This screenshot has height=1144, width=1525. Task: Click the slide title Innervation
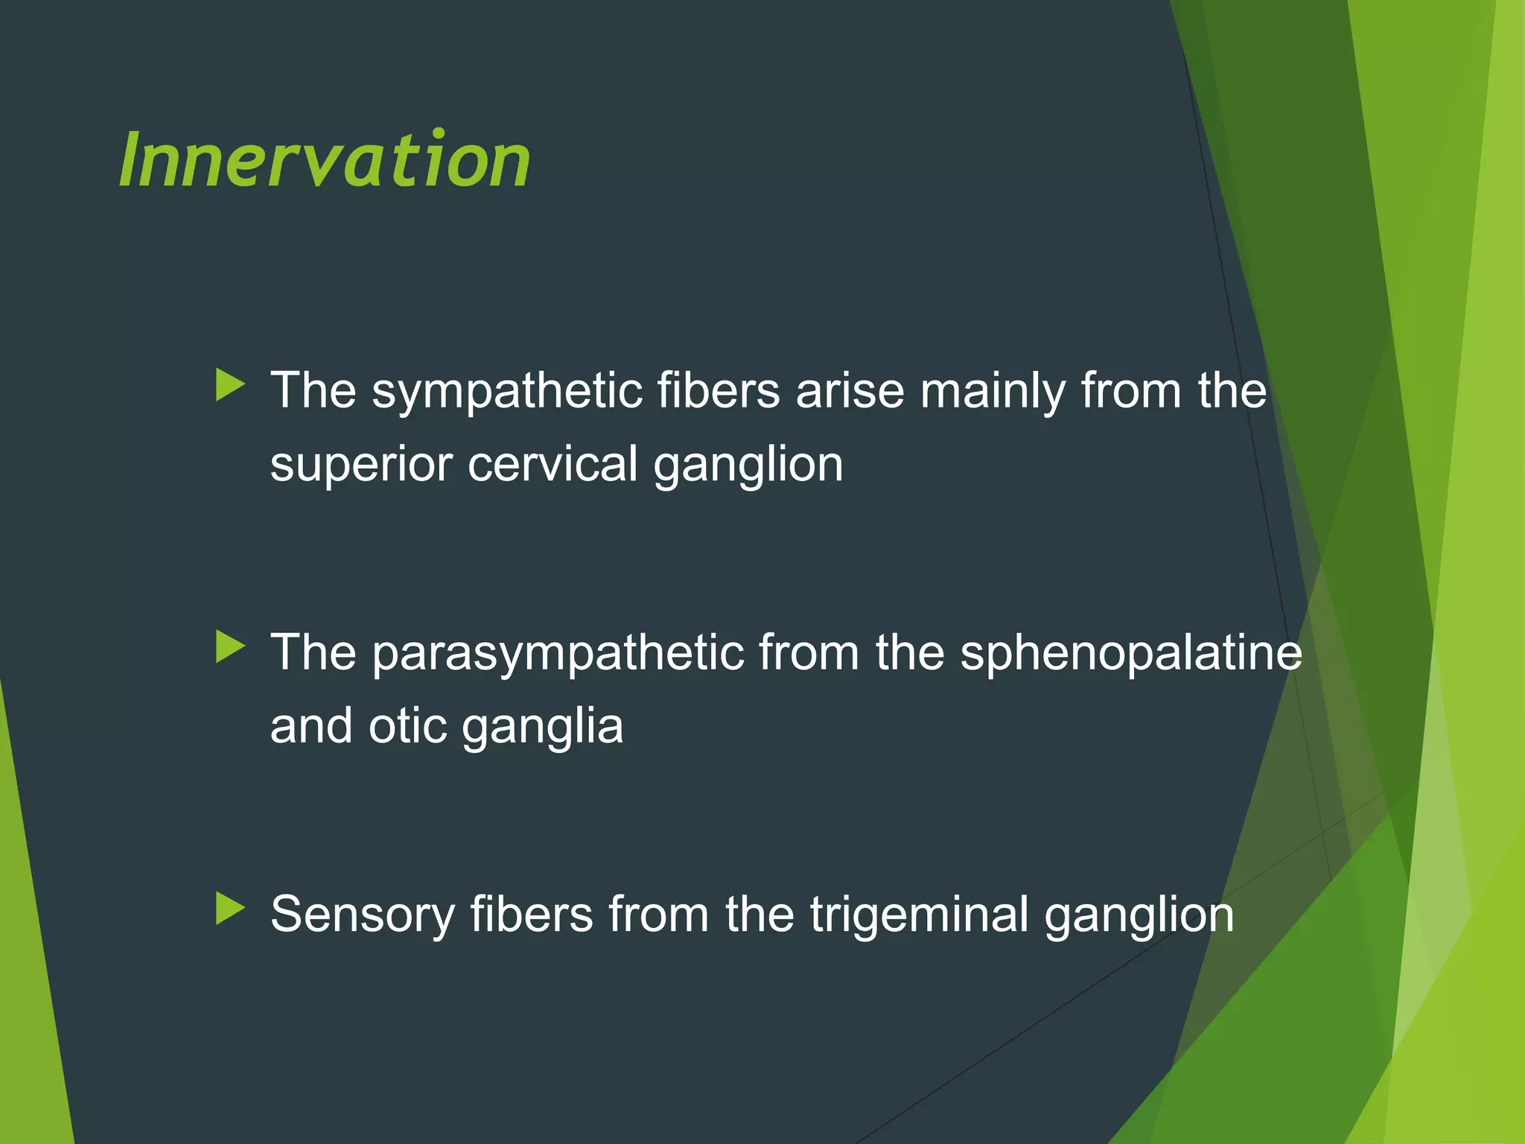[x=325, y=159]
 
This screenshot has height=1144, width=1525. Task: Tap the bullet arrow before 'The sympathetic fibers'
[x=230, y=385]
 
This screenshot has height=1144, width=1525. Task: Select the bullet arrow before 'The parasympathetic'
[x=230, y=646]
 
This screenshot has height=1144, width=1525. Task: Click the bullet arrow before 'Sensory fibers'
[x=230, y=909]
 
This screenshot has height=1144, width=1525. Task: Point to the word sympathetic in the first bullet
[x=507, y=392]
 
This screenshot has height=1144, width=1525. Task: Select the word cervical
[x=553, y=465]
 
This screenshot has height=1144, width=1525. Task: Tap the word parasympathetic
[x=558, y=654]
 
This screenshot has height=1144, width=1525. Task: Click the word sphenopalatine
[x=1131, y=654]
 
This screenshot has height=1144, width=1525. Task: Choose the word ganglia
[x=542, y=728]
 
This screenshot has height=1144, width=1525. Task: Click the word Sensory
[x=362, y=916]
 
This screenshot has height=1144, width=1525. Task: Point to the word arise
[x=850, y=392]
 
